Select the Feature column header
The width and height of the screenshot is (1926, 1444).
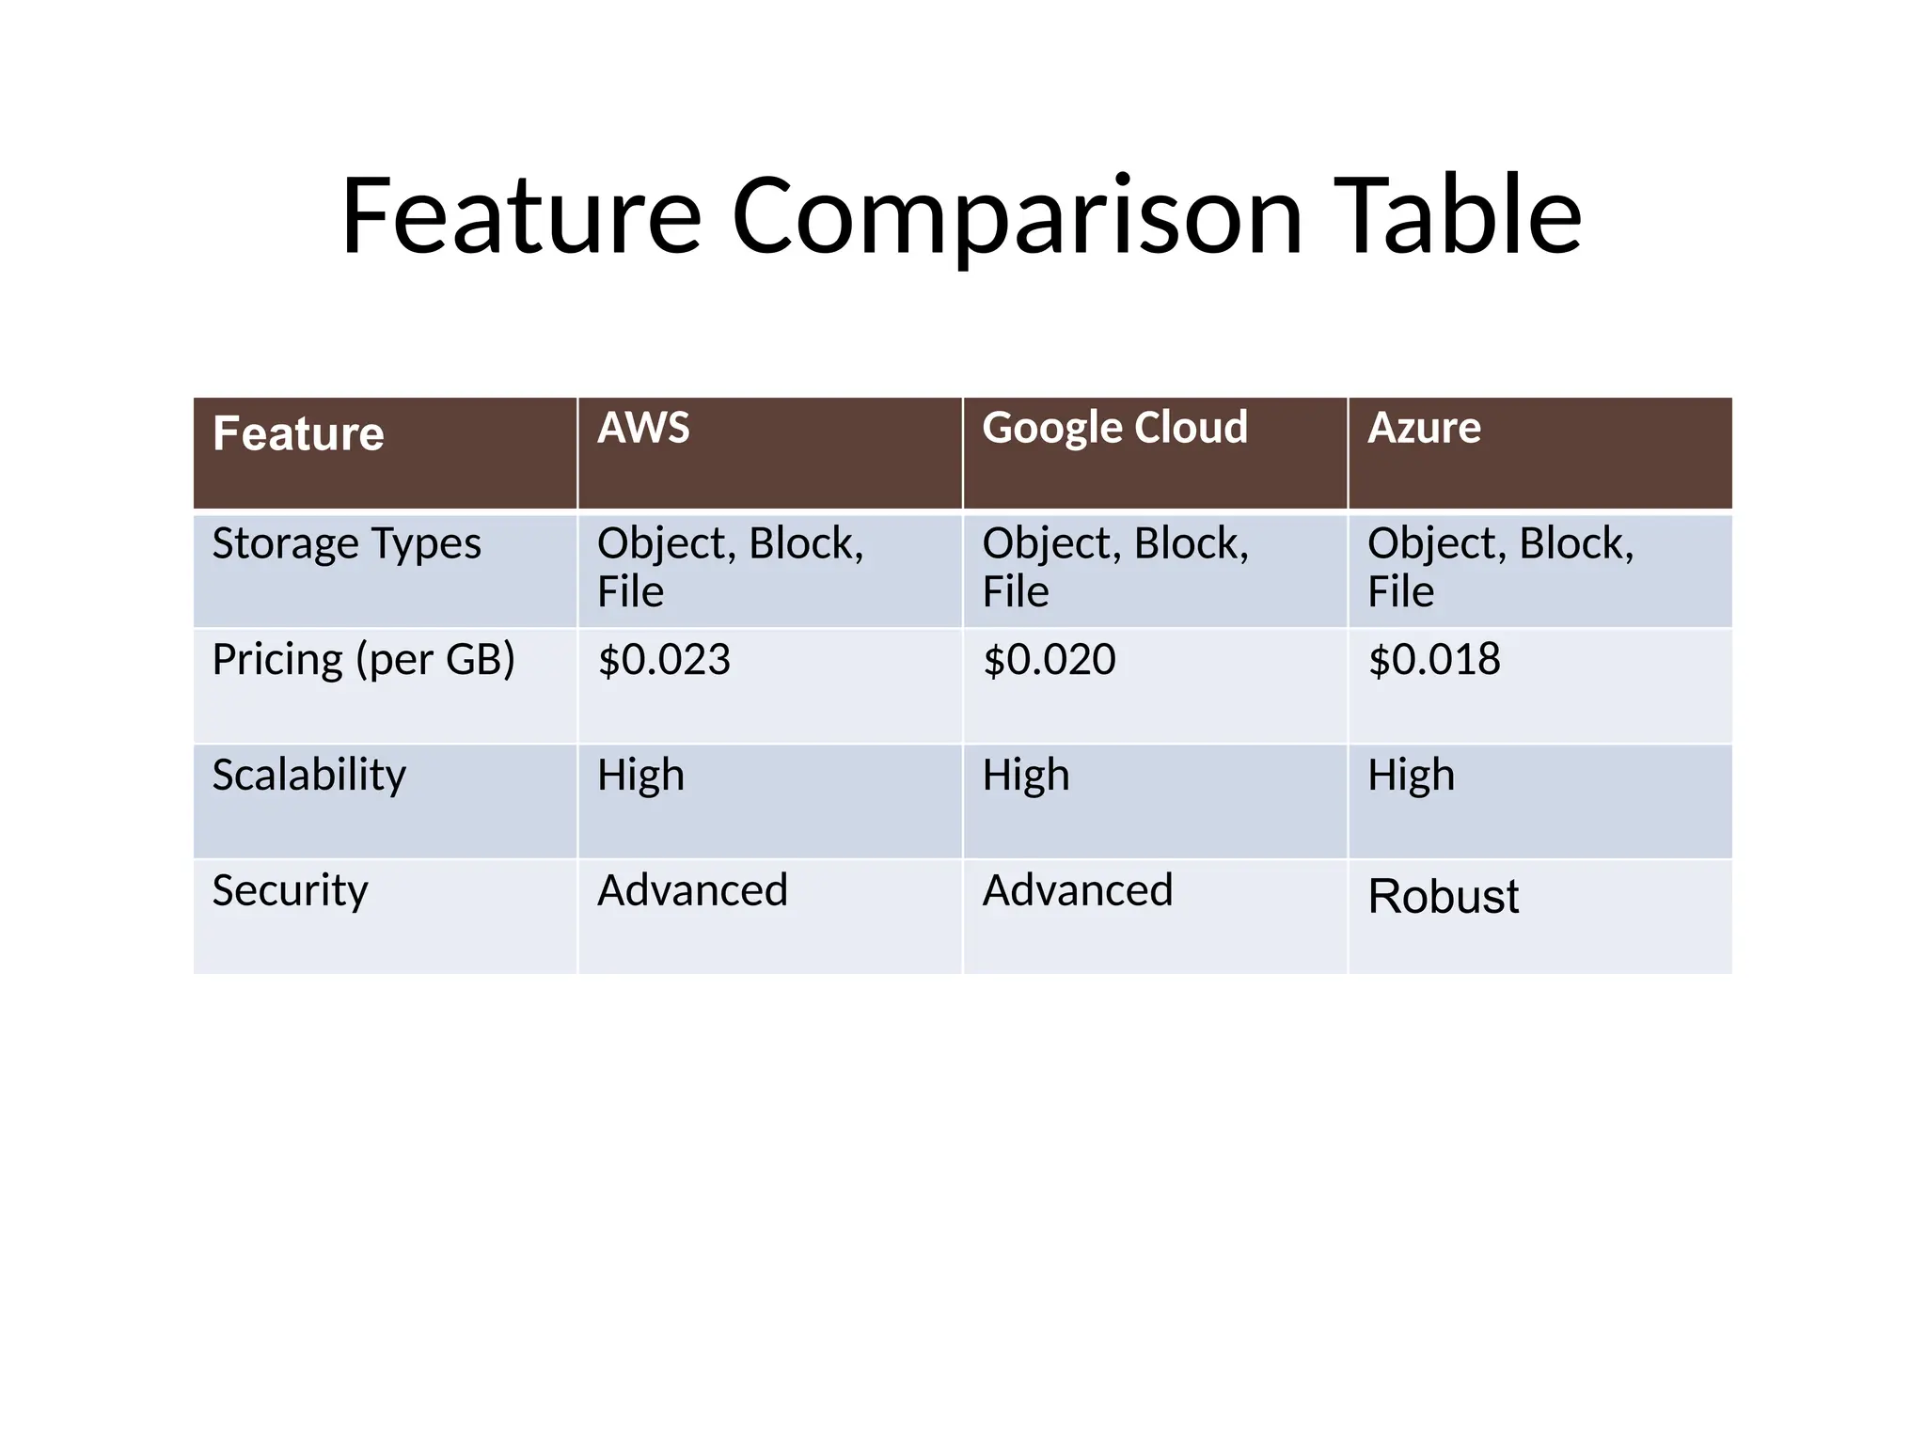click(298, 434)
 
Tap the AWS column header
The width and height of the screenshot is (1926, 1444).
click(643, 429)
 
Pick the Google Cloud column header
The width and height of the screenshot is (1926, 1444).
click(1114, 429)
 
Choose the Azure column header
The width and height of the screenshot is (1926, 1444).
click(1424, 429)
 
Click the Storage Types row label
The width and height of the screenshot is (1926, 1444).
click(346, 544)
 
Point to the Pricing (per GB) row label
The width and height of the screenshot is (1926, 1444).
click(363, 660)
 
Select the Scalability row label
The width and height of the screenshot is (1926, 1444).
click(308, 776)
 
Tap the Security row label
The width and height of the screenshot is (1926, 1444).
click(290, 891)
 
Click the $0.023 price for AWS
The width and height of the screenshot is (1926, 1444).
click(664, 660)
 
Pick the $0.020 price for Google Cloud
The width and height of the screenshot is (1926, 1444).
click(1049, 660)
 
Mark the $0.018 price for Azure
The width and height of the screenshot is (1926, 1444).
click(1434, 660)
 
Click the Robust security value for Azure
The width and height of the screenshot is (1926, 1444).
click(1443, 896)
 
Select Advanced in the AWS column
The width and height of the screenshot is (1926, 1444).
click(692, 890)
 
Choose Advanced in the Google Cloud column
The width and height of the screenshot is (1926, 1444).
click(1078, 890)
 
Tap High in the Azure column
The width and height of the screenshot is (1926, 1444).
click(1411, 776)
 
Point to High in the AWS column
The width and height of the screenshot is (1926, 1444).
click(640, 776)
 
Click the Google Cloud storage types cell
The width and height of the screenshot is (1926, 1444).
click(1114, 567)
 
